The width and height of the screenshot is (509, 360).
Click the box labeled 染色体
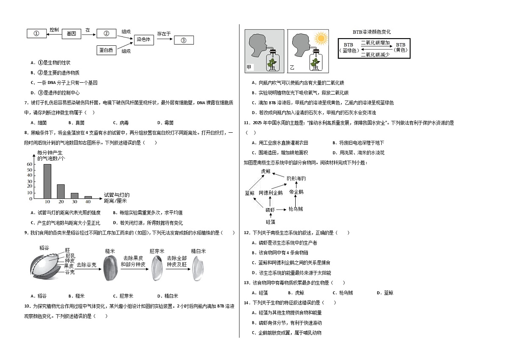coord(144,40)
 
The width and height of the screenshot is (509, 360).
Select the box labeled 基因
coord(71,34)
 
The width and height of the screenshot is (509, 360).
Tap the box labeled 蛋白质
coord(106,50)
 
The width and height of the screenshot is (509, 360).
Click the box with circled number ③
coord(184,40)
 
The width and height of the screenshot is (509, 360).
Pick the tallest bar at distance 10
coord(47,181)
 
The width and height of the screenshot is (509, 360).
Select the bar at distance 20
coord(61,192)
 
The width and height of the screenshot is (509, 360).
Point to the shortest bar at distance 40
coord(88,197)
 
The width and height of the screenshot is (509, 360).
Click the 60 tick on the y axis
coord(30,164)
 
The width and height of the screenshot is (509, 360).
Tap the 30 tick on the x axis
coord(75,202)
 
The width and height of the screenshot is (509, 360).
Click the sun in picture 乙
coord(321,38)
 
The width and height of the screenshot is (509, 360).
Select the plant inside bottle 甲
coord(272,64)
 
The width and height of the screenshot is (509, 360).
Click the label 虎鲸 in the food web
coord(266,171)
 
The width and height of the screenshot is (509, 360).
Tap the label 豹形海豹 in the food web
coord(296,179)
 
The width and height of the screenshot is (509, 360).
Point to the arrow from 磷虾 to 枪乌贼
coord(281,209)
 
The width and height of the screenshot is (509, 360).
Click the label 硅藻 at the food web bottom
coord(271,222)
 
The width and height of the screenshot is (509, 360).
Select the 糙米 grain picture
coord(111,268)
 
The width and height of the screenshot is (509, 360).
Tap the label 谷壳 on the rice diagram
coord(70,272)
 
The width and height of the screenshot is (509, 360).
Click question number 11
coord(247,123)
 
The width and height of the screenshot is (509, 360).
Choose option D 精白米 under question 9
coord(168,296)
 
